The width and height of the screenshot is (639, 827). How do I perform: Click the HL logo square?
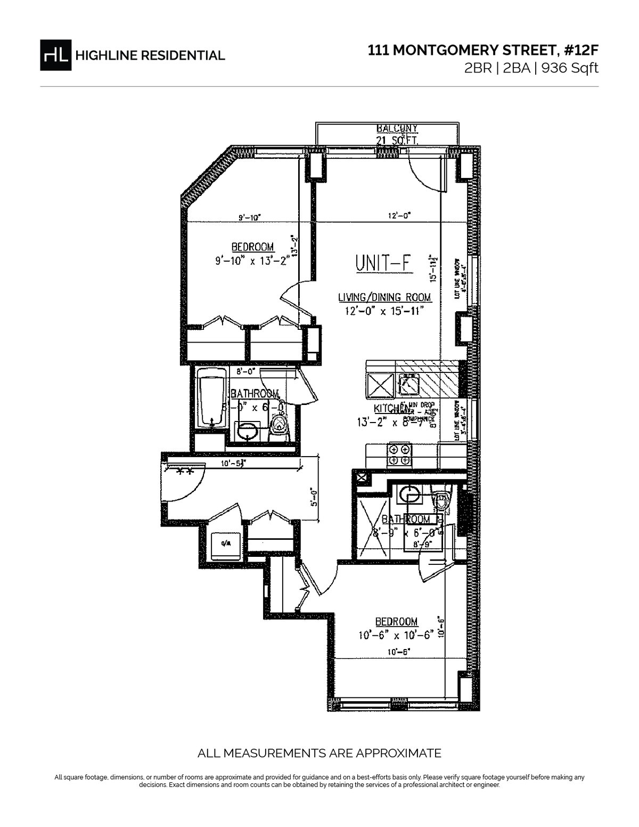tap(56, 55)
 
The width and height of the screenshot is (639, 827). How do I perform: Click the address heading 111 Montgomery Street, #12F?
tap(484, 51)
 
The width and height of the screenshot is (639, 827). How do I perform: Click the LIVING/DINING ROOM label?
tap(384, 297)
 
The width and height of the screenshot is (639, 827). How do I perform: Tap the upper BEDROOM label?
tap(252, 247)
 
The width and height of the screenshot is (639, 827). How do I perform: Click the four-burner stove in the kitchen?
tap(399, 454)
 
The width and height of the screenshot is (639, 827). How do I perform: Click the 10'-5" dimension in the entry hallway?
tap(232, 464)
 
